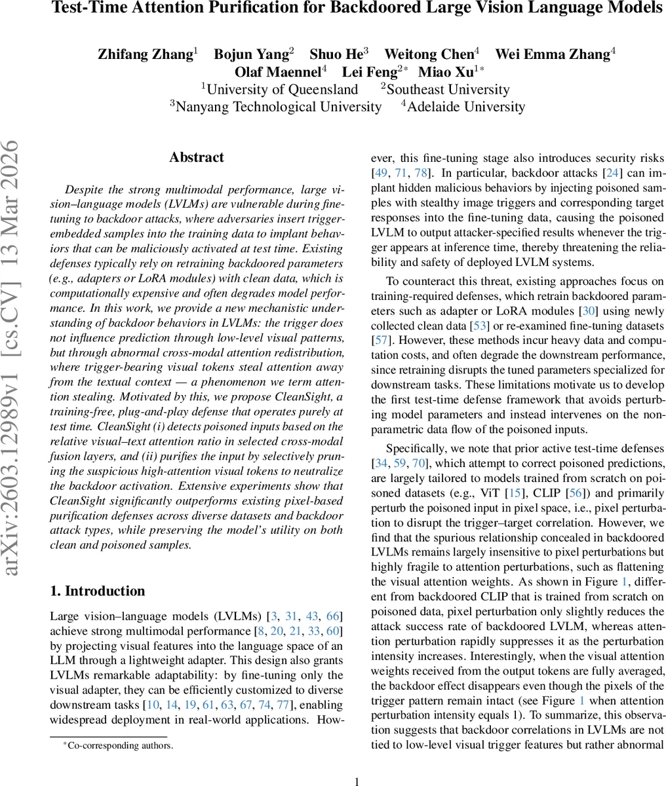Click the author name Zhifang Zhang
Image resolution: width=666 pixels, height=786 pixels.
tap(144, 54)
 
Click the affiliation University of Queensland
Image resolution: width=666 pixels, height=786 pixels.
tap(282, 90)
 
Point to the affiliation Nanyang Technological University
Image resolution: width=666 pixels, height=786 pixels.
tap(279, 107)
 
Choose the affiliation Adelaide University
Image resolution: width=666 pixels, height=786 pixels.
tap(465, 107)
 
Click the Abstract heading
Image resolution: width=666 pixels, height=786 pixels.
tap(196, 157)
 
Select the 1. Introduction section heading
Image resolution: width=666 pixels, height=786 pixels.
tap(98, 591)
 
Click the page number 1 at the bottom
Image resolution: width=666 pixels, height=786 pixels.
tap(357, 781)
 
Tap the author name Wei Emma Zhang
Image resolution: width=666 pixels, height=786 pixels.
tap(554, 54)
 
